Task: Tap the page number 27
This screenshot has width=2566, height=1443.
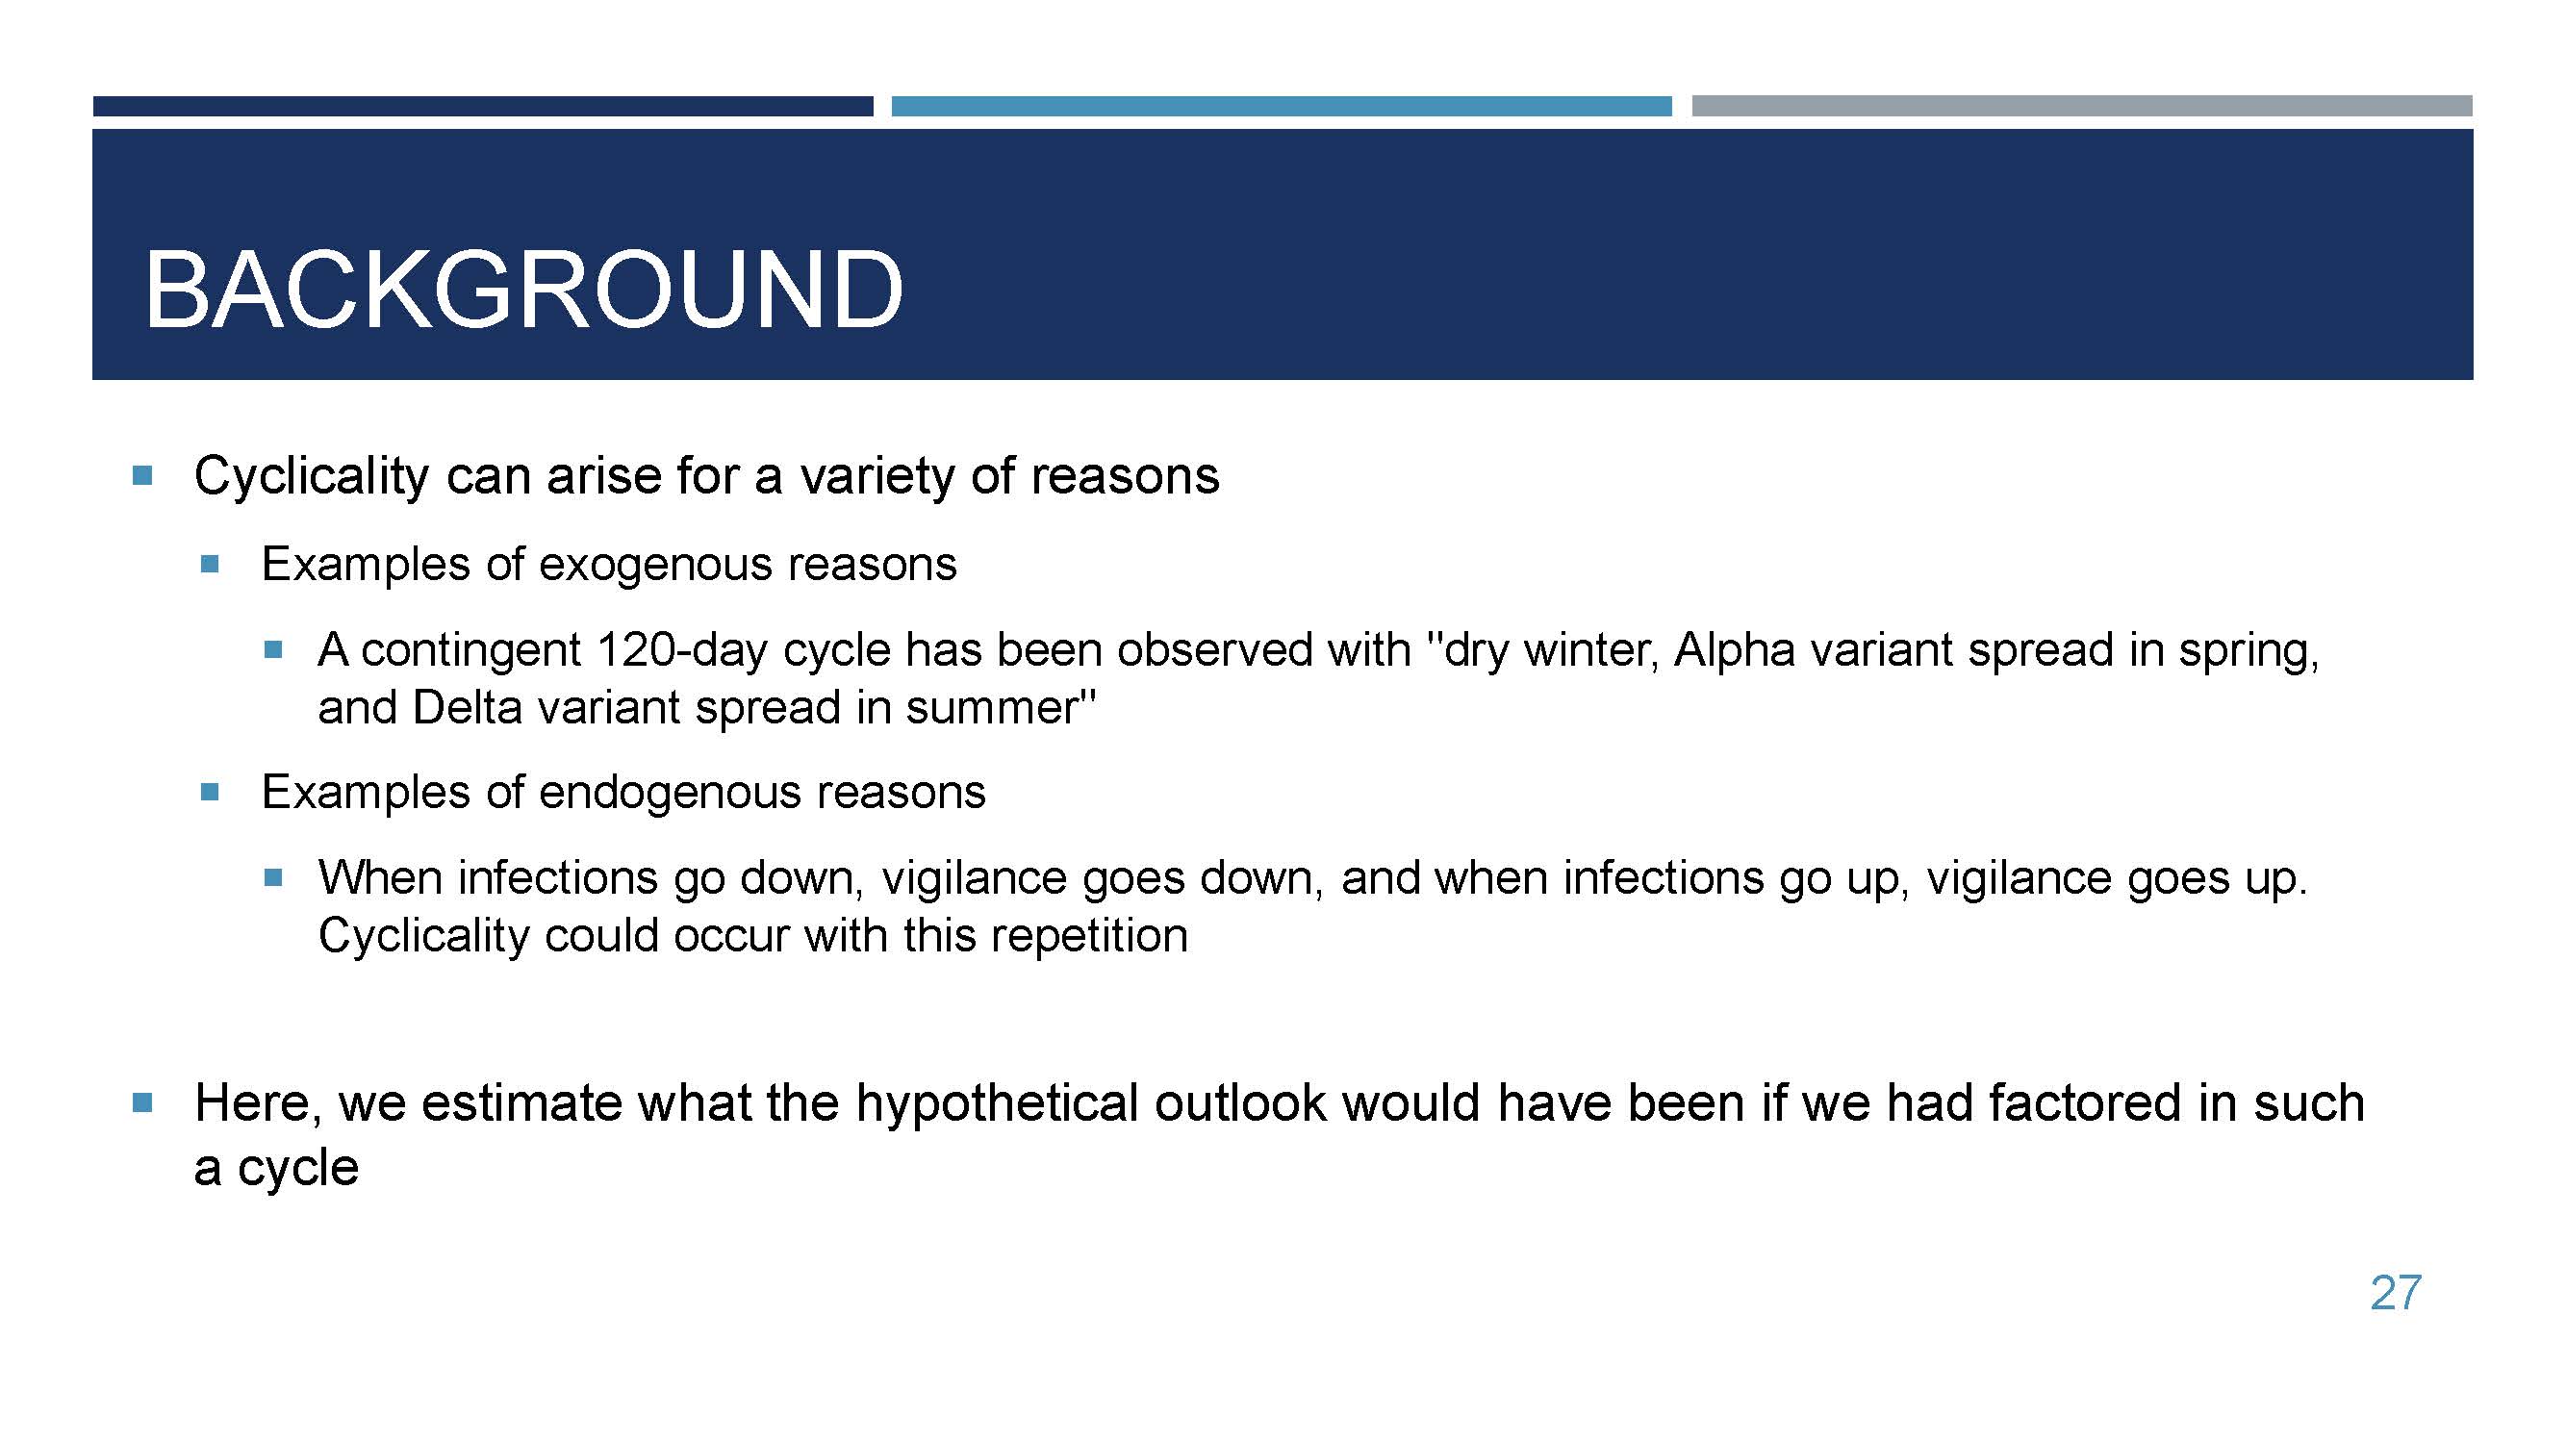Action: [x=2396, y=1293]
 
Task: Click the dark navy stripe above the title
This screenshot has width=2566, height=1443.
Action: [x=483, y=106]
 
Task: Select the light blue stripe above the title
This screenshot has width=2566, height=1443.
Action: [x=1281, y=106]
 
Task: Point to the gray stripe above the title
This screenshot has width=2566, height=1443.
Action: [x=2082, y=106]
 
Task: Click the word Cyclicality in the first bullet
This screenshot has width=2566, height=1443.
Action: [x=312, y=476]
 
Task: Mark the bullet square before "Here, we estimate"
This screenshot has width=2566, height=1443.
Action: [x=142, y=1102]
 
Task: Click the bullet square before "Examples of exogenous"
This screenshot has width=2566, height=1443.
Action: [x=209, y=565]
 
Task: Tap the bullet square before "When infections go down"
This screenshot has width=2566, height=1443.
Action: [x=274, y=877]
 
